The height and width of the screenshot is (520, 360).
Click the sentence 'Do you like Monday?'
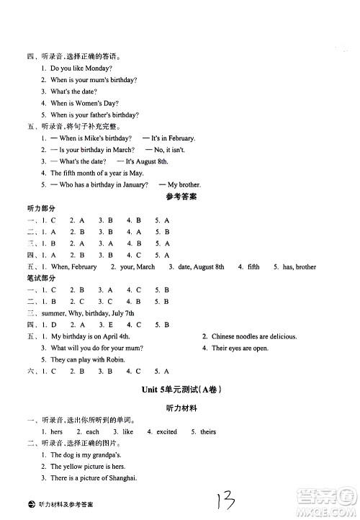[x=81, y=67]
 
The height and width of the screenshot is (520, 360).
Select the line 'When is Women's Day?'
[x=85, y=103]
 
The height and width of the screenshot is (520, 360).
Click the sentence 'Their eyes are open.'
[x=239, y=348]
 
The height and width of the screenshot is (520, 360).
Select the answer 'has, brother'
[x=299, y=266]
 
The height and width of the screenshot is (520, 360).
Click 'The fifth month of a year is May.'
[x=96, y=173]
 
